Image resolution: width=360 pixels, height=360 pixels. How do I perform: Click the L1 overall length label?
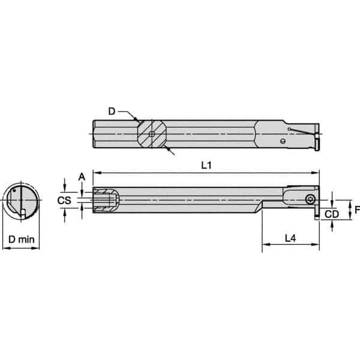pos(205,166)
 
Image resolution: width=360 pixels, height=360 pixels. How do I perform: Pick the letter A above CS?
pos(82,176)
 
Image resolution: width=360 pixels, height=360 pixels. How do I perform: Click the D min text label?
pos(20,238)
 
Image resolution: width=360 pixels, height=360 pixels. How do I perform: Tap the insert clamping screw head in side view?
pos(310,199)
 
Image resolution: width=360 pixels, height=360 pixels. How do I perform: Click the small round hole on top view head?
pos(283,142)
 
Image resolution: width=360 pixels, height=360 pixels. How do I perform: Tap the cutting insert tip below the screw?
pos(316,215)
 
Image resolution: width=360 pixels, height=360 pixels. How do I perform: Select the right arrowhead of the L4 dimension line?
pos(317,245)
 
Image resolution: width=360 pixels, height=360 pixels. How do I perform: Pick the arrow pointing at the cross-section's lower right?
pos(169,149)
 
